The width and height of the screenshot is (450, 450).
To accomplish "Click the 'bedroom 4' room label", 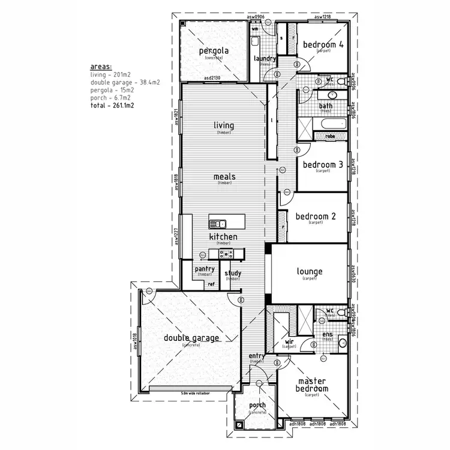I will tap(323, 44).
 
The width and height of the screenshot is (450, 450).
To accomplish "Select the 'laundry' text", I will tap(265, 58).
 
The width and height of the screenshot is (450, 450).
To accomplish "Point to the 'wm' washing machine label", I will tap(254, 28).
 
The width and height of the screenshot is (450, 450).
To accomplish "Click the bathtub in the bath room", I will tap(332, 124).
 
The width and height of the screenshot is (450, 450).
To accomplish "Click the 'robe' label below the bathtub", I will tap(330, 137).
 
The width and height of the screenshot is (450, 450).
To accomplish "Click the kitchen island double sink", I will tap(217, 224).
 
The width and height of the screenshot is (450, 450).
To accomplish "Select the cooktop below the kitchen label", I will tap(229, 255).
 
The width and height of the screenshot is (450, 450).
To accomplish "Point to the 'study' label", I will tap(233, 274).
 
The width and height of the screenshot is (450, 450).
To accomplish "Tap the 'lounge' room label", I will tap(310, 272).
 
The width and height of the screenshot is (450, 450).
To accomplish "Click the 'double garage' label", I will tap(191, 338).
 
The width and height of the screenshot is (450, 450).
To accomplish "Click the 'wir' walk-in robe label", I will tap(289, 342).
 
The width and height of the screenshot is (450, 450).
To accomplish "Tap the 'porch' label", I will tap(257, 406).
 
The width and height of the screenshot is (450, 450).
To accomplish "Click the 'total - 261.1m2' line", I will tap(112, 105).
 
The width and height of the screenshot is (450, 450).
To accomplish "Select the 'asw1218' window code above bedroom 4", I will tap(322, 16).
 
